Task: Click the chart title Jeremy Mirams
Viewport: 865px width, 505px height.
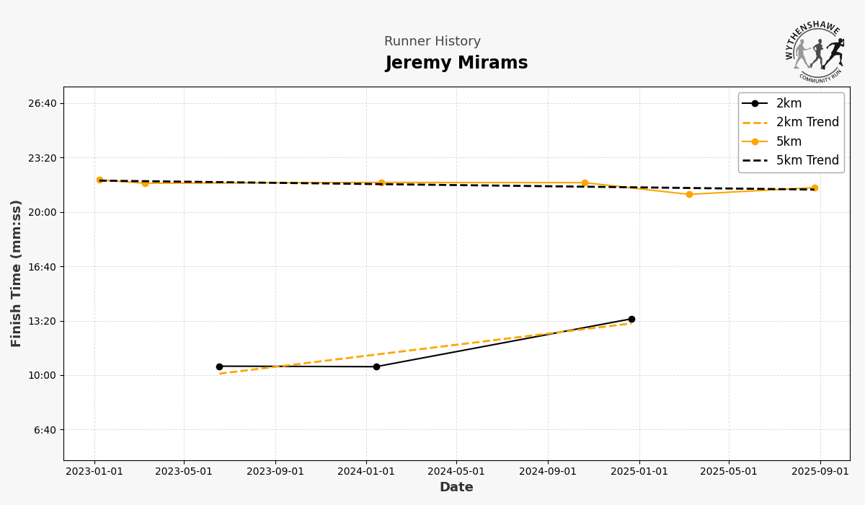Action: tap(456, 63)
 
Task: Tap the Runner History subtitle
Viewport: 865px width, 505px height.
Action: tap(432, 42)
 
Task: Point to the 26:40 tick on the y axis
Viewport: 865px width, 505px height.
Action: tap(42, 103)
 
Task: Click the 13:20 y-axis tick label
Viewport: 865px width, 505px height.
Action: tap(42, 321)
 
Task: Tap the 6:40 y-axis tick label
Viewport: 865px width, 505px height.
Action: tap(45, 430)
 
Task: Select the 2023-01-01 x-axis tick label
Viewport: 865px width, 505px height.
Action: tap(94, 472)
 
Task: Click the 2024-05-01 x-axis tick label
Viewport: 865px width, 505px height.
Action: tap(456, 472)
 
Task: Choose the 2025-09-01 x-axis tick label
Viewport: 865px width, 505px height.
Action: tap(820, 472)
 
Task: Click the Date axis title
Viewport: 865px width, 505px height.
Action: tap(456, 488)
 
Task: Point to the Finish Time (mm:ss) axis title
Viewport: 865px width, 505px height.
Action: tap(17, 273)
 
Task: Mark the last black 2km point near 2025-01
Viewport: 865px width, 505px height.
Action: tap(631, 319)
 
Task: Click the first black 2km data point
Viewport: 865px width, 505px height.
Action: tap(219, 366)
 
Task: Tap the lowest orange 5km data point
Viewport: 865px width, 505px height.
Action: tap(689, 194)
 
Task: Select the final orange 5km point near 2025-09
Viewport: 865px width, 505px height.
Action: tap(815, 188)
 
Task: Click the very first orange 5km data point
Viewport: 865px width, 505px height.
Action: tap(99, 180)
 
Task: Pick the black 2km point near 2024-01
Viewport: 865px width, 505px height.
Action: tap(376, 366)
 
